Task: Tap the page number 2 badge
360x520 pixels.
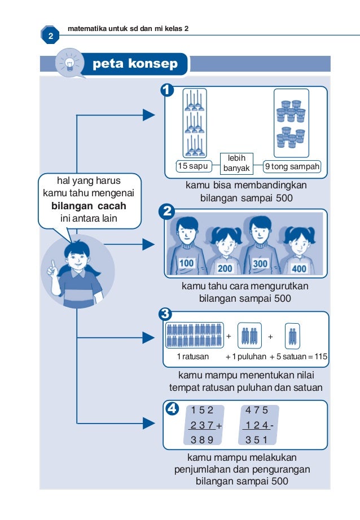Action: point(50,37)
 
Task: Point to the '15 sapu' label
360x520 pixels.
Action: point(192,166)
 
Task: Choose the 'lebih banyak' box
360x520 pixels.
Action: point(236,164)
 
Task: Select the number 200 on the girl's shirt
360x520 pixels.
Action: point(225,267)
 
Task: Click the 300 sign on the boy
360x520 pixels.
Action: point(260,263)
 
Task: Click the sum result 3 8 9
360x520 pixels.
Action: point(202,440)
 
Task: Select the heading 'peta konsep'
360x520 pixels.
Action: point(135,64)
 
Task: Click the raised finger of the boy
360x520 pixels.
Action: point(52,264)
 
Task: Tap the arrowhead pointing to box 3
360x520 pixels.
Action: point(148,338)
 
